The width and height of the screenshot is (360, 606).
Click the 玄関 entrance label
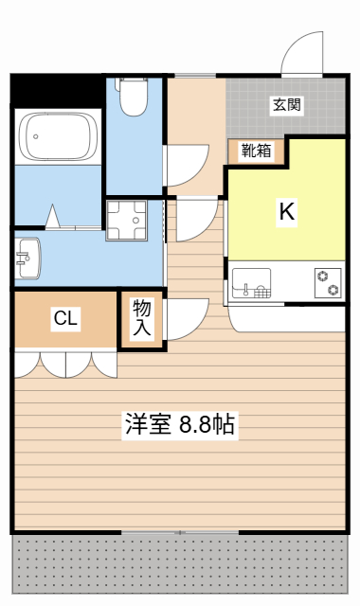coord(287,105)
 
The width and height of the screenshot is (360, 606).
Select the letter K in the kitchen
coord(285,212)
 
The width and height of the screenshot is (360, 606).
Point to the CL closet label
coord(64,319)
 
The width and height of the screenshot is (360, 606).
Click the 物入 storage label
coord(142,319)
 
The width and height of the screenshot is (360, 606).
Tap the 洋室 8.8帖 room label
coord(179,425)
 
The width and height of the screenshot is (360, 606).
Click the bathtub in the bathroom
coord(60,137)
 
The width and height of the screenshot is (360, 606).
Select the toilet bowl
coord(132,95)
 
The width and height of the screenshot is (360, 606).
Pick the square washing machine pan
coord(127,223)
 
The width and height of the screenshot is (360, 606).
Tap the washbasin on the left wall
coord(27,257)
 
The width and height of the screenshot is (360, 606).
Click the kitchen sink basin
coord(251,284)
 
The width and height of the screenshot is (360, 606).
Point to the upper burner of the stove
coord(328,276)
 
